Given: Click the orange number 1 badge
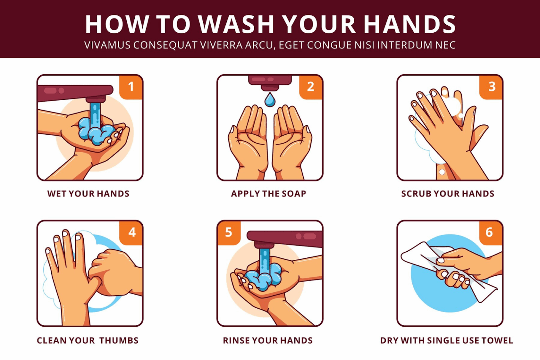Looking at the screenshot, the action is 131,87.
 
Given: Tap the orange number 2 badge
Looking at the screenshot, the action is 311,87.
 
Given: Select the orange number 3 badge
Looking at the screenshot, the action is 491,87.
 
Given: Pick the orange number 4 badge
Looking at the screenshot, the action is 131,233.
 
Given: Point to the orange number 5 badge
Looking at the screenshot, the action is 229,233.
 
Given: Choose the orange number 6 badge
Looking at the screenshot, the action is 491,233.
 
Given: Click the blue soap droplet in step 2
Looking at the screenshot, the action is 270,99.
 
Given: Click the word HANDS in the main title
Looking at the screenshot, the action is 409,24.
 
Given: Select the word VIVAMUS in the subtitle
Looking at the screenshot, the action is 108,45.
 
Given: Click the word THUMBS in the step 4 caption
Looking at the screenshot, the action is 119,340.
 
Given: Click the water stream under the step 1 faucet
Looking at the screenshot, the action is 95,115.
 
